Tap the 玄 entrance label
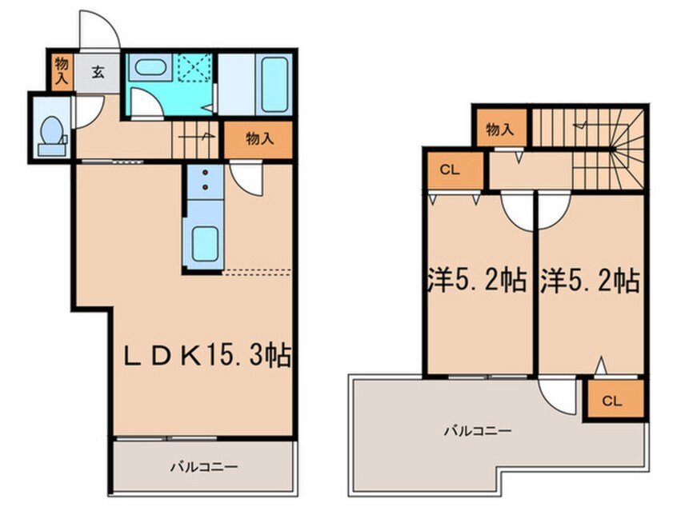pos(98,72)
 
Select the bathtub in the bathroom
pos(274,84)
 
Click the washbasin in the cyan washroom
pos(150,67)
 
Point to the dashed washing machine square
pos(195,67)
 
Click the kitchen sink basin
pos(205,244)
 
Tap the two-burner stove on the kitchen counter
pos(205,181)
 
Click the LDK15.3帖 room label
pos(206,356)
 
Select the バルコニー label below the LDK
pos(204,467)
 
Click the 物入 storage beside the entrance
pos(62,72)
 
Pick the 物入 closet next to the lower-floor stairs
pos(258,139)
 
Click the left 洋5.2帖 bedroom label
pos(478,281)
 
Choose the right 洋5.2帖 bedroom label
pos(590,281)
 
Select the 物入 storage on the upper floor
pos(501,129)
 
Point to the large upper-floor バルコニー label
pos(478,430)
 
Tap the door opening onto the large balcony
pos(558,396)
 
